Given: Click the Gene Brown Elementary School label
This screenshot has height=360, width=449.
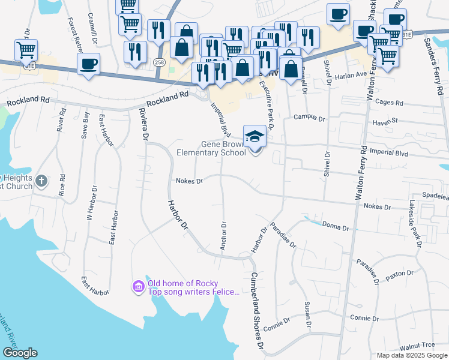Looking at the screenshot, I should tap(211, 148).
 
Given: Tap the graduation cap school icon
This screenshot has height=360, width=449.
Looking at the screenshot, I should tap(255, 136).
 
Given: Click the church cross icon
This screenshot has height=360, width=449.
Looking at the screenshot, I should tap(41, 181).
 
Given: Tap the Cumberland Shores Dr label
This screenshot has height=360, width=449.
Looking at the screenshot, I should tap(258, 311).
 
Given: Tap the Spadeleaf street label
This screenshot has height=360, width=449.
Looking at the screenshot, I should tap(435, 196).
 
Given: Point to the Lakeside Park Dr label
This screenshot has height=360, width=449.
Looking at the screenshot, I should tap(414, 221).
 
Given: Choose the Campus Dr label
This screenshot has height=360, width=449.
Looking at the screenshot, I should tap(309, 118).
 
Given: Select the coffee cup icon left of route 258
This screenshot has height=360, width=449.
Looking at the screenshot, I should tap(89, 64).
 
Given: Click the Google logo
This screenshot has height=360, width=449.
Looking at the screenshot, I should tap(20, 353).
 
